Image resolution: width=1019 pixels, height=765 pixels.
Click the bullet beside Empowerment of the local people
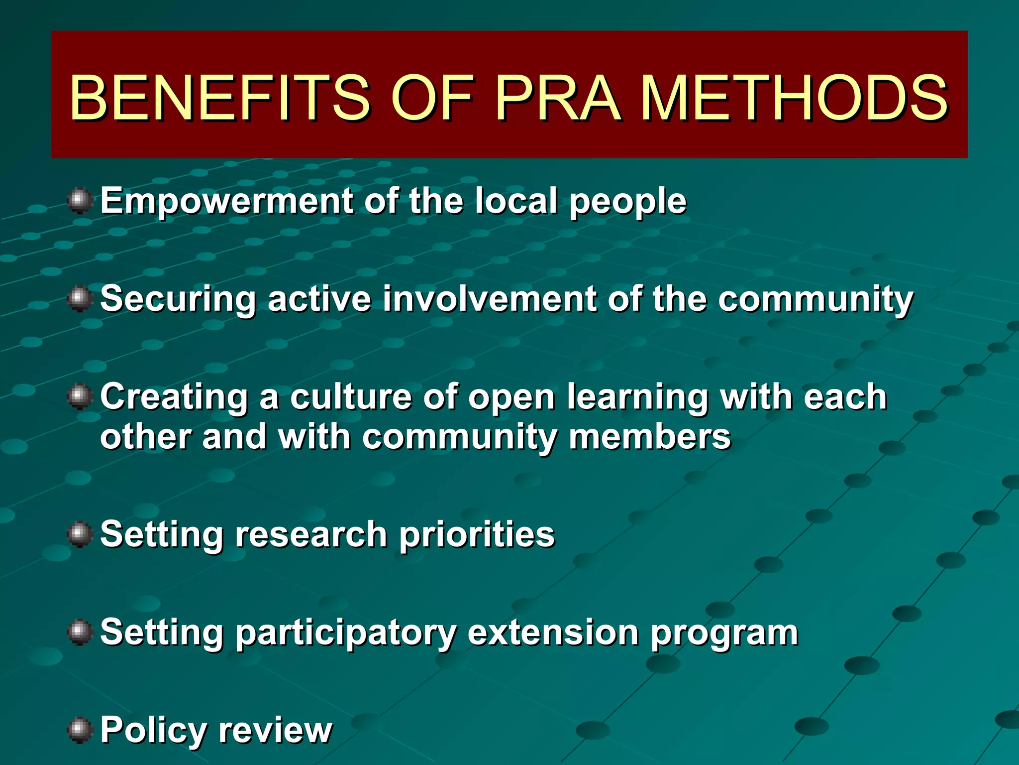tap(80, 201)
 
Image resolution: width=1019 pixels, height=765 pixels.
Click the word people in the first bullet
tap(628, 202)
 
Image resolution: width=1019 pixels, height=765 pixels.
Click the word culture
tap(351, 397)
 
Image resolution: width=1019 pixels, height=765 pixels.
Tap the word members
tap(650, 437)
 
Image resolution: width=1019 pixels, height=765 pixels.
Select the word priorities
tap(477, 535)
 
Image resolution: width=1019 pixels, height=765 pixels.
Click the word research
tap(311, 535)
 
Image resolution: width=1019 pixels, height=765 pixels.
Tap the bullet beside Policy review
tap(80, 730)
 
